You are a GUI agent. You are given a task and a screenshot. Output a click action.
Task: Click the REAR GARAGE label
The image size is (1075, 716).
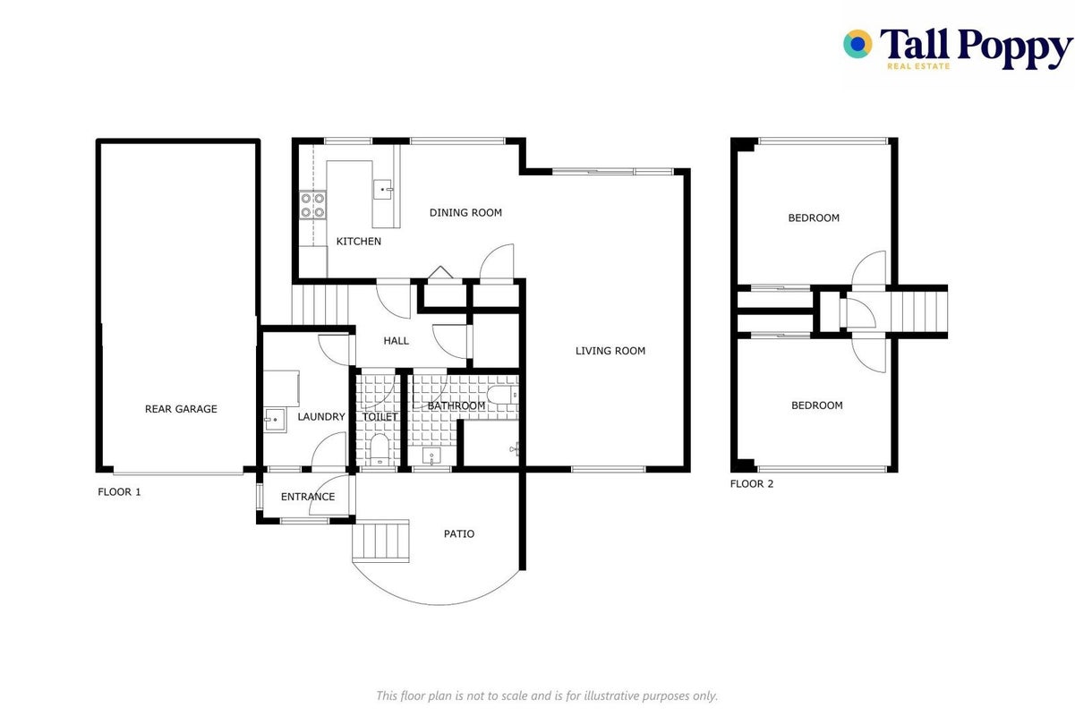coord(181,409)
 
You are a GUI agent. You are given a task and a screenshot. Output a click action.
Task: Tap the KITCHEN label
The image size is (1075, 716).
coord(359,242)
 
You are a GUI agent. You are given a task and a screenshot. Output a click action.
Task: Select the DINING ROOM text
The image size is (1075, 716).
coord(465,213)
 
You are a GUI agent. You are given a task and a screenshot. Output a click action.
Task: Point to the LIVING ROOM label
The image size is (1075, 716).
coord(610,351)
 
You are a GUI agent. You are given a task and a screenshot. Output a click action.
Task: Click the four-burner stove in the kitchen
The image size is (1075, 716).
coord(313,205)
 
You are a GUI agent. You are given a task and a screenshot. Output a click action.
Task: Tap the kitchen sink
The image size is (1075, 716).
coord(383,189)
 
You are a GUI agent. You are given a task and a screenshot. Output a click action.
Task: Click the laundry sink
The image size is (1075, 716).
coord(274,420)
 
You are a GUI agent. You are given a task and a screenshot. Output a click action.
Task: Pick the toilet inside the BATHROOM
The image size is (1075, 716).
coord(502,396)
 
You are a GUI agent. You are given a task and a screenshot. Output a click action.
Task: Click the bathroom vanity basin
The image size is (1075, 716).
coord(431,456)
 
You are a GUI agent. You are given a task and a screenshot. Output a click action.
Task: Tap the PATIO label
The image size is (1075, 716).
coord(459,533)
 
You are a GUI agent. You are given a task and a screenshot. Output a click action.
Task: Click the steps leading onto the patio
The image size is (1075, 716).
coord(381,541)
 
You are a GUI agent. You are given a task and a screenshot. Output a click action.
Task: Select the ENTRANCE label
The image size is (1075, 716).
coord(308,497)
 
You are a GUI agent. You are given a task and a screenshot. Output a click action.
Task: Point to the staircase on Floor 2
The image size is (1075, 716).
coord(919,312)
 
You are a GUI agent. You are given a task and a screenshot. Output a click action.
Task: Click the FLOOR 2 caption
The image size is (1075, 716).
coord(752,483)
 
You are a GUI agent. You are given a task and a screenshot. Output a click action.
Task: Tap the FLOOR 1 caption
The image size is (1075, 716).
coord(119,492)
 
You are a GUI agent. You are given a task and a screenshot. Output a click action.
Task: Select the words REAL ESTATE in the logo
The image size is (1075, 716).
coord(918,66)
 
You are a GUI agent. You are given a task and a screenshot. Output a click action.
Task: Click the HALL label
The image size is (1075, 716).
coord(396,341)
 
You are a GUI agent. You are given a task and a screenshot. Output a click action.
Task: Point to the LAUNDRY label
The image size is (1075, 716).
coord(321,416)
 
